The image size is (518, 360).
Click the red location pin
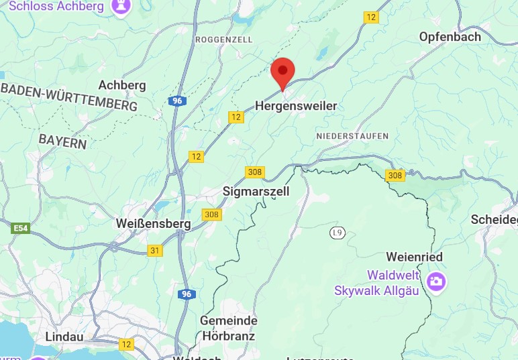(282, 72)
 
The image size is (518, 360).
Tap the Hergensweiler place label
(296, 106)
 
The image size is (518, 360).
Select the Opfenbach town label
(450, 36)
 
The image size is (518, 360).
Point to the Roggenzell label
(223, 40)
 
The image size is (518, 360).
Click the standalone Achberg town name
(122, 85)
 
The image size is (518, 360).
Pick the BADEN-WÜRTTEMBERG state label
(69, 99)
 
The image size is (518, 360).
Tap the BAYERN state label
(62, 141)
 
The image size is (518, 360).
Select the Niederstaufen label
(352, 136)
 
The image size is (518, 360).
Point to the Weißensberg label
(154, 223)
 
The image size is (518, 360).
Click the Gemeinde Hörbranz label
(228, 328)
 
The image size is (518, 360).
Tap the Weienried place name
(414, 257)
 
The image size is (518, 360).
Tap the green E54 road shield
(21, 229)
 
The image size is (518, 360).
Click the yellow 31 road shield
(156, 250)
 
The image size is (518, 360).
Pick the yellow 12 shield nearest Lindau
(126, 344)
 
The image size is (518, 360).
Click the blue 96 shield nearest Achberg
(176, 101)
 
